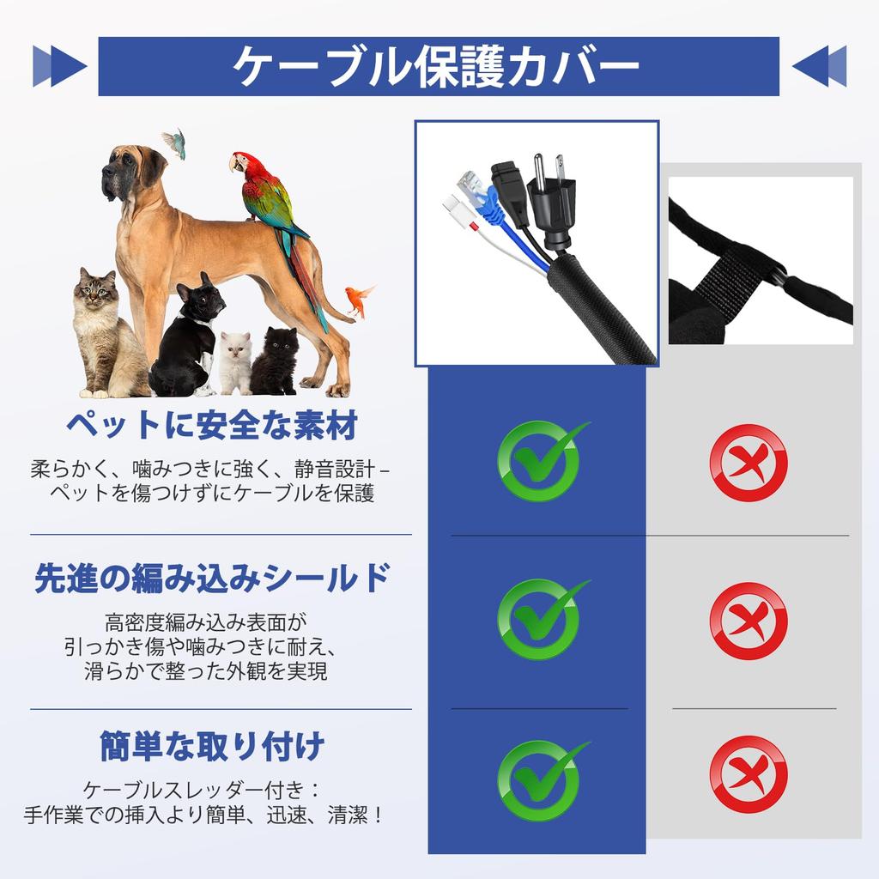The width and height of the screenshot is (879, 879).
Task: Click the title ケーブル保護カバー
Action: [438, 66]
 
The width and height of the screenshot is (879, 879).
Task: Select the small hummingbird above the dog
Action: [175, 142]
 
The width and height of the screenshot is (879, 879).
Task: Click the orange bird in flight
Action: [359, 298]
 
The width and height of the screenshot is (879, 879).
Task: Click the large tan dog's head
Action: [129, 172]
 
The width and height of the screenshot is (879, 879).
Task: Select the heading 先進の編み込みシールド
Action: [212, 578]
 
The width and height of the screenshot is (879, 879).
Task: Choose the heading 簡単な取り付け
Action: [212, 744]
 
